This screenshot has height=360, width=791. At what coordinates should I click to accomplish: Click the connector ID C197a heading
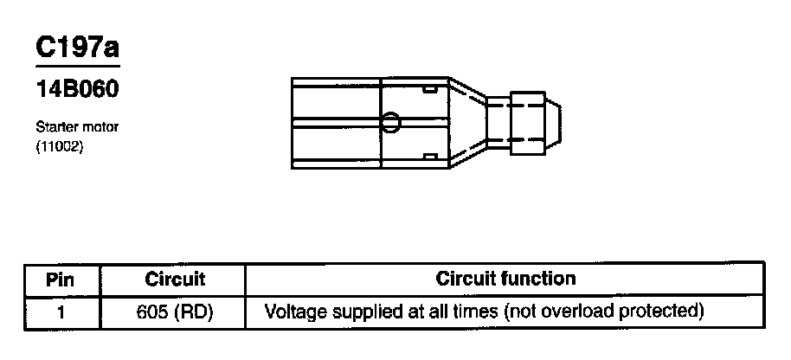[77, 50]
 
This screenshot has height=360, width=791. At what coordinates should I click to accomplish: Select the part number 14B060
[77, 89]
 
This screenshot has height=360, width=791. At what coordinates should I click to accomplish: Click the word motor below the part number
[100, 127]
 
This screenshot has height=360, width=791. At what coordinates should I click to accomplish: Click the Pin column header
[60, 280]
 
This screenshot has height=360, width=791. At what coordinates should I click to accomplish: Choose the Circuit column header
[174, 280]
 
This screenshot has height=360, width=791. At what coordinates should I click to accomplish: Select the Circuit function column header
[505, 280]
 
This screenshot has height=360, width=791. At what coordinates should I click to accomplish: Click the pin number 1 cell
[60, 310]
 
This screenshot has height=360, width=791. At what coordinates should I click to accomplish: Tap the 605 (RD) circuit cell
[174, 310]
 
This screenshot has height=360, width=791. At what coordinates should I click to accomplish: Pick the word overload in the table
[594, 310]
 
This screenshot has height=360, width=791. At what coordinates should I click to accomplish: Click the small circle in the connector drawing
[390, 122]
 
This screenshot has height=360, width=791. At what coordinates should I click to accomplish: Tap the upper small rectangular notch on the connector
[429, 88]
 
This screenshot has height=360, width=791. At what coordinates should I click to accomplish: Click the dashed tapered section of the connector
[466, 121]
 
